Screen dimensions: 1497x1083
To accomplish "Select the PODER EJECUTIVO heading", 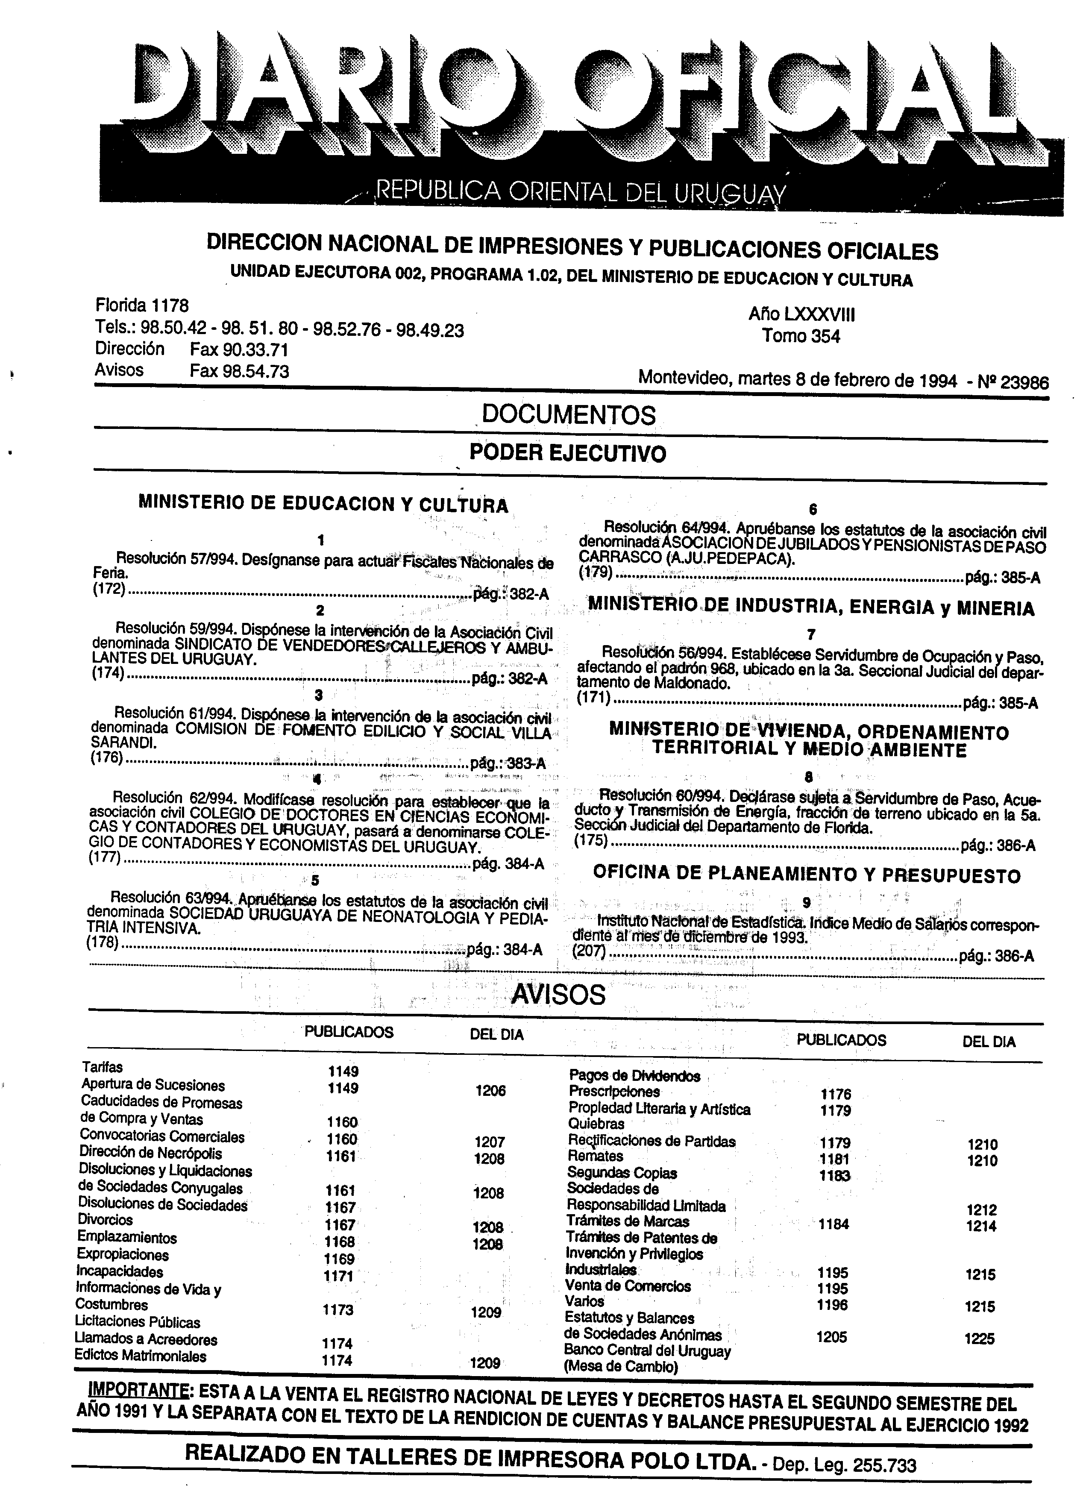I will click(x=568, y=453).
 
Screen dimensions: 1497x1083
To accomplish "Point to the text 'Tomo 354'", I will click(x=801, y=336).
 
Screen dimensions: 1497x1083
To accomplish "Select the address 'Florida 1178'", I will click(x=142, y=305).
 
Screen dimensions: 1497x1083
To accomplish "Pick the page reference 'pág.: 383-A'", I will click(x=508, y=764).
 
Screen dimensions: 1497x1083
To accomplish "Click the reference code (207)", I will click(x=591, y=954).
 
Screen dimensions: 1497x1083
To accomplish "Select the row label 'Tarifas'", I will click(x=102, y=1067).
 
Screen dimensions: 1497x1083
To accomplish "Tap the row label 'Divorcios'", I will click(x=106, y=1220).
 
